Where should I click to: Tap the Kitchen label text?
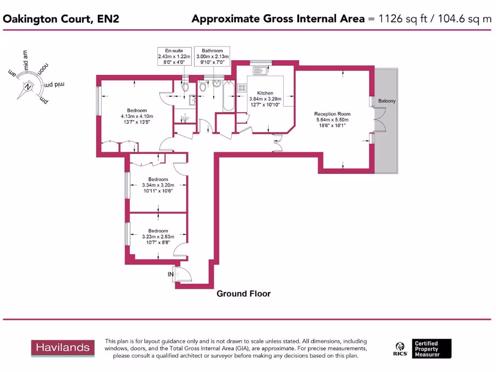click(265, 93)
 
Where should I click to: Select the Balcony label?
click(387, 101)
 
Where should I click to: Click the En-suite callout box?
click(174, 57)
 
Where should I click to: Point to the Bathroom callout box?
click(212, 57)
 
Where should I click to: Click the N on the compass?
click(29, 87)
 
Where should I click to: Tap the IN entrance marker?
click(170, 275)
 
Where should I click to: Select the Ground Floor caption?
click(243, 294)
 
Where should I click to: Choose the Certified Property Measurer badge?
click(432, 348)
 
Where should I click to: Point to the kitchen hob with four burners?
click(242, 89)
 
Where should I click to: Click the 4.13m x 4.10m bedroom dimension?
click(137, 116)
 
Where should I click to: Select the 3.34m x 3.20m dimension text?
click(158, 185)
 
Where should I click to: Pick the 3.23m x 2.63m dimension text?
click(158, 237)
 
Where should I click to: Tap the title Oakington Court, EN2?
click(61, 19)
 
